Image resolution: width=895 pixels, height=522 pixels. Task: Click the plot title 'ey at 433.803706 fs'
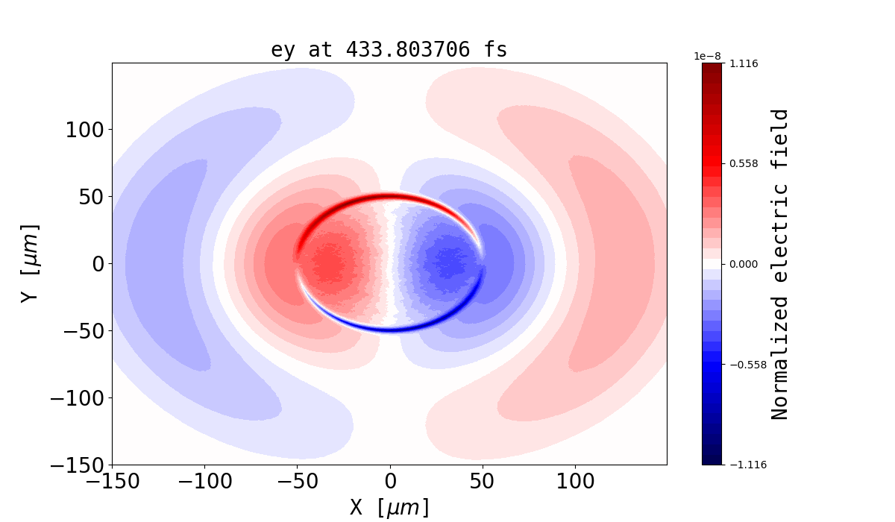tap(389, 50)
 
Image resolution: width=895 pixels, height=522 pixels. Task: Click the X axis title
tap(389, 507)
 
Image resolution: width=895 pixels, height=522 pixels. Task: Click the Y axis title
tap(29, 263)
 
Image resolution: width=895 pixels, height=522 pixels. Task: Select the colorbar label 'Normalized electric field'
tap(780, 264)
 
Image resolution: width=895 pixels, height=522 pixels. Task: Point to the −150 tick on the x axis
tap(112, 482)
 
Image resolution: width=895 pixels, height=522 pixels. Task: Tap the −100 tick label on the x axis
tap(204, 482)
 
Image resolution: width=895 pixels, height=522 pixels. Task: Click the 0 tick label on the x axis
tap(389, 482)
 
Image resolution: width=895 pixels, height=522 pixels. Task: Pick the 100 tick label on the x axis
tap(575, 482)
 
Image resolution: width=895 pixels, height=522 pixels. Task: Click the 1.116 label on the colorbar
tap(743, 63)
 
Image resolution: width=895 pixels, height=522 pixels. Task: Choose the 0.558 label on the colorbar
tap(743, 163)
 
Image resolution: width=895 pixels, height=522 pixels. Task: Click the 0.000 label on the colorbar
tap(743, 264)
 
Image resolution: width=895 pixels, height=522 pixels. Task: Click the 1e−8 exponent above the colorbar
tap(708, 56)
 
